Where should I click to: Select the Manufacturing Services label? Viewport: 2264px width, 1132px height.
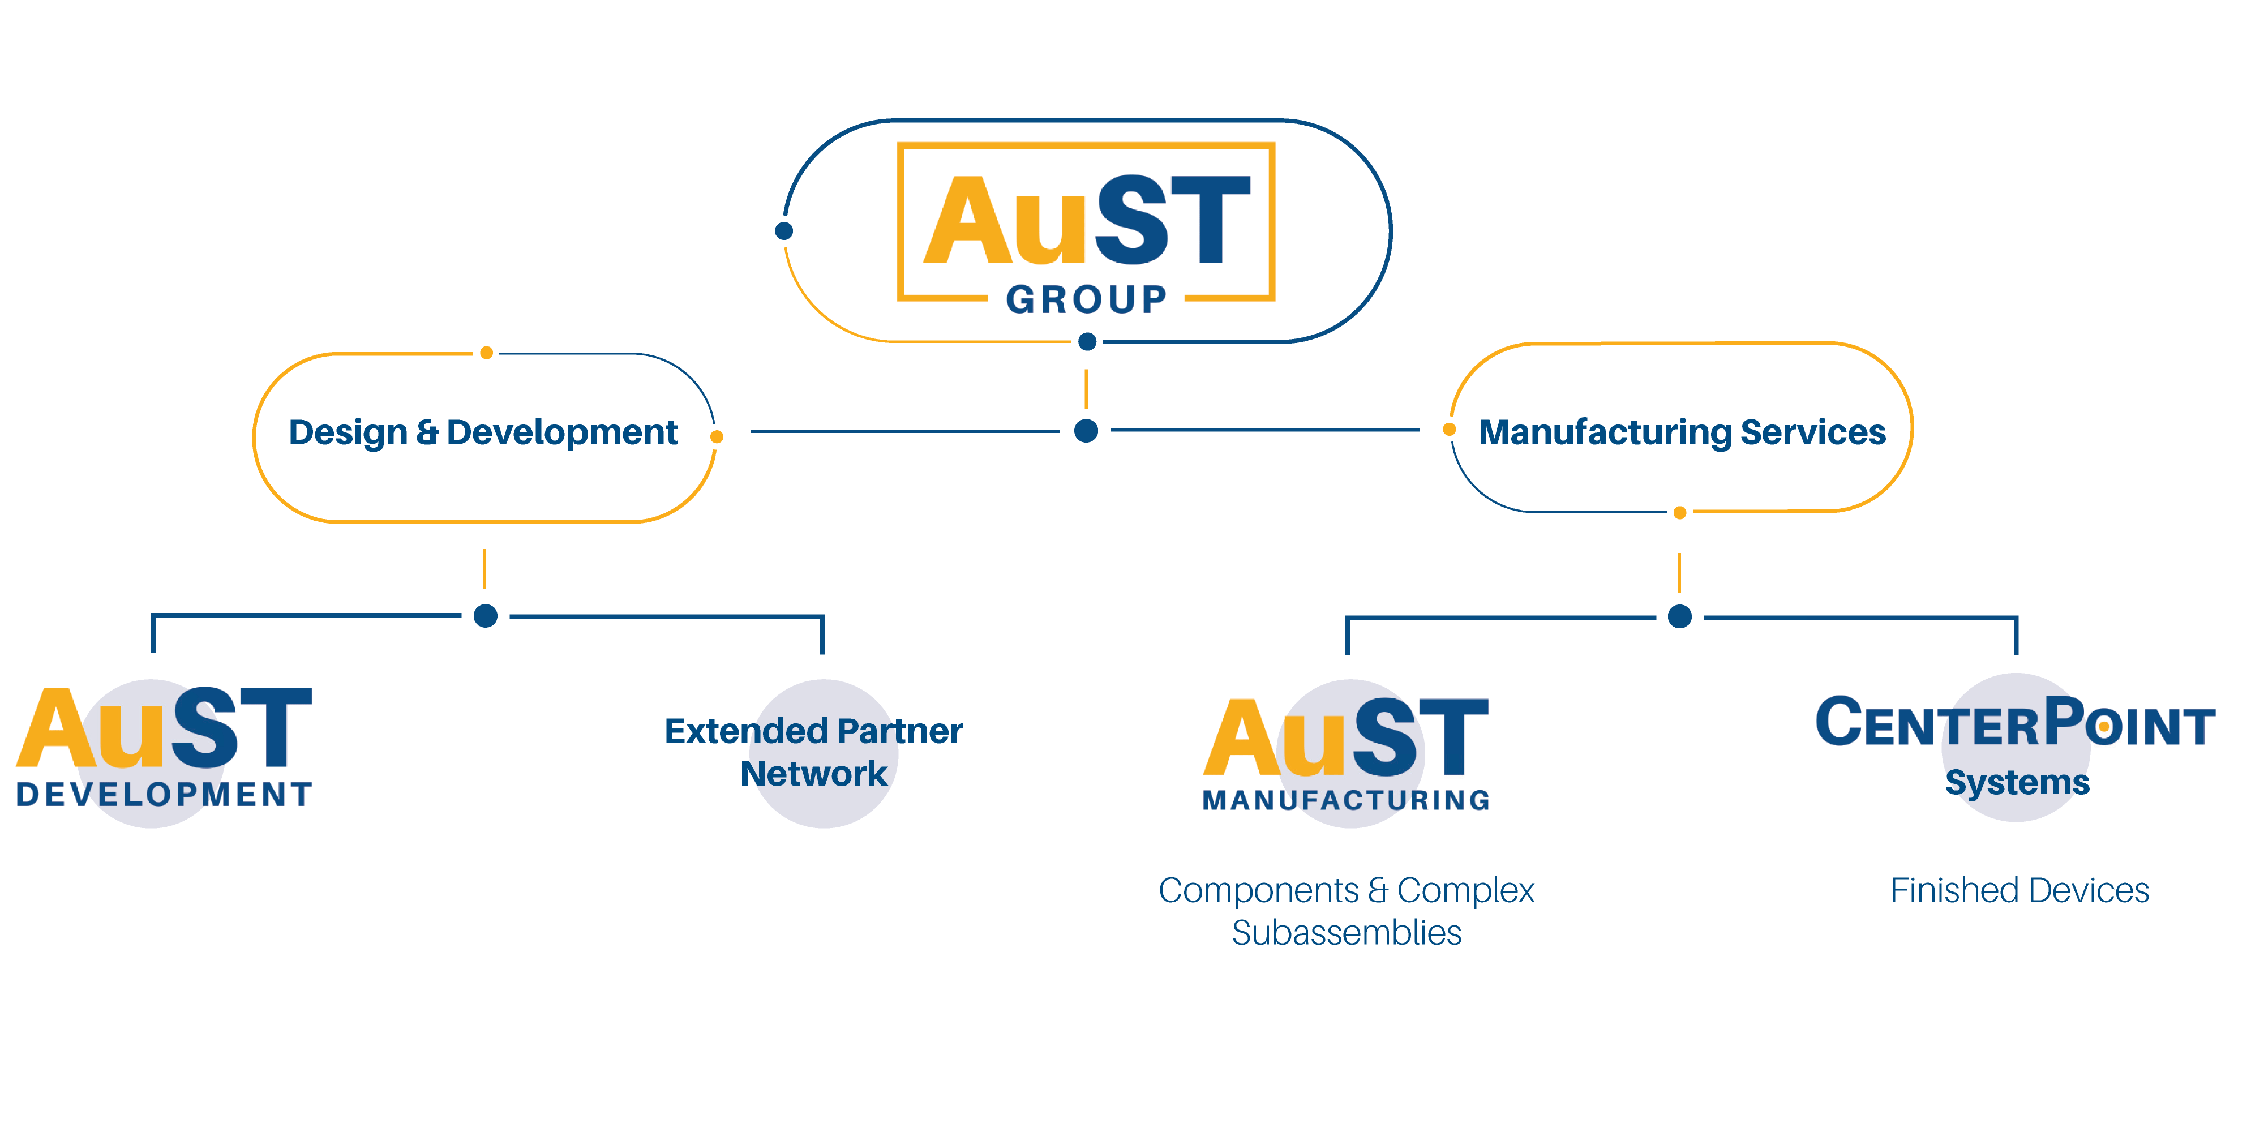pyautogui.click(x=1681, y=432)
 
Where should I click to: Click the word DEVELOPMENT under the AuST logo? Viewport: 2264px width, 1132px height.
pyautogui.click(x=164, y=795)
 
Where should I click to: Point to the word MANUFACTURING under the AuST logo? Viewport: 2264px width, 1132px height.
pyautogui.click(x=1347, y=800)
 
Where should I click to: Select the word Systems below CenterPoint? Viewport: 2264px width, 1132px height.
pyautogui.click(x=2017, y=781)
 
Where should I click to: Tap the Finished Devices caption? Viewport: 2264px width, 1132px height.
pyautogui.click(x=2019, y=890)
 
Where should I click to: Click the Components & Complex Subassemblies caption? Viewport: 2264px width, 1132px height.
pyautogui.click(x=1347, y=911)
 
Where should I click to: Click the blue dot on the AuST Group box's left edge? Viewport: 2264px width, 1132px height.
pyautogui.click(x=784, y=231)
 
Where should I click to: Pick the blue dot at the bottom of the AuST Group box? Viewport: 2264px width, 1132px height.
pyautogui.click(x=1087, y=342)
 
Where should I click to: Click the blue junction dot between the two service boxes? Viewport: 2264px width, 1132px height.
pyautogui.click(x=1086, y=431)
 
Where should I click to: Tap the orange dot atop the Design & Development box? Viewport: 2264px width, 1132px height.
pyautogui.click(x=486, y=353)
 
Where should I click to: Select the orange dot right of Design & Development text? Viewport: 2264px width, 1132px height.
pyautogui.click(x=717, y=437)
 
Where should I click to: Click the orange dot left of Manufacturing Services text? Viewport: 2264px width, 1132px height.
pyautogui.click(x=1450, y=430)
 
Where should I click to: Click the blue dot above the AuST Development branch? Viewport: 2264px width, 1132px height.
pyautogui.click(x=485, y=616)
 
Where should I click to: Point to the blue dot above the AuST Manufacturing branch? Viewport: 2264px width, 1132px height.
pyautogui.click(x=1679, y=617)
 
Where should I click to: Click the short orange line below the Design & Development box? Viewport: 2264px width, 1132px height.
pyautogui.click(x=484, y=569)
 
